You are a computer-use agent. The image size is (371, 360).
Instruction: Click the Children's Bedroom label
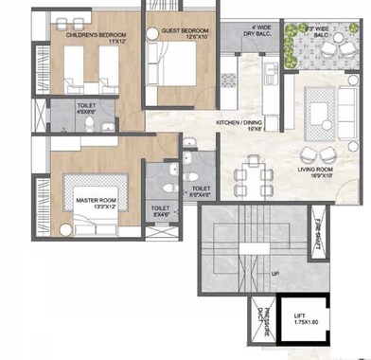pos(89,33)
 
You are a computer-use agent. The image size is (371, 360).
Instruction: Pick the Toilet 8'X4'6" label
pos(160,212)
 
